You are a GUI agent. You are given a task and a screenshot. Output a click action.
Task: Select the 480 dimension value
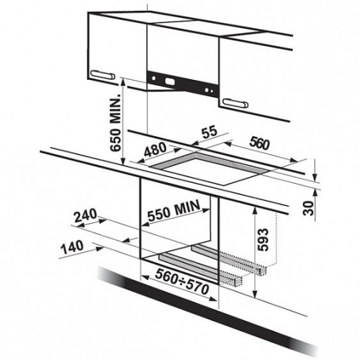tap(155, 150)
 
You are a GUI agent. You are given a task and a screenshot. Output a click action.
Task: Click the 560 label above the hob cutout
tap(260, 143)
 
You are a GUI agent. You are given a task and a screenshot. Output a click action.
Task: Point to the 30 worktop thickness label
tap(309, 208)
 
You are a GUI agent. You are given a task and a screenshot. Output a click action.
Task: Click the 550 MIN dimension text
tap(174, 210)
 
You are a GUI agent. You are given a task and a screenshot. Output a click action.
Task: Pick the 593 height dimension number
tap(262, 240)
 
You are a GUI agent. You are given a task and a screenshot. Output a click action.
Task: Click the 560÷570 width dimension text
tap(182, 282)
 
